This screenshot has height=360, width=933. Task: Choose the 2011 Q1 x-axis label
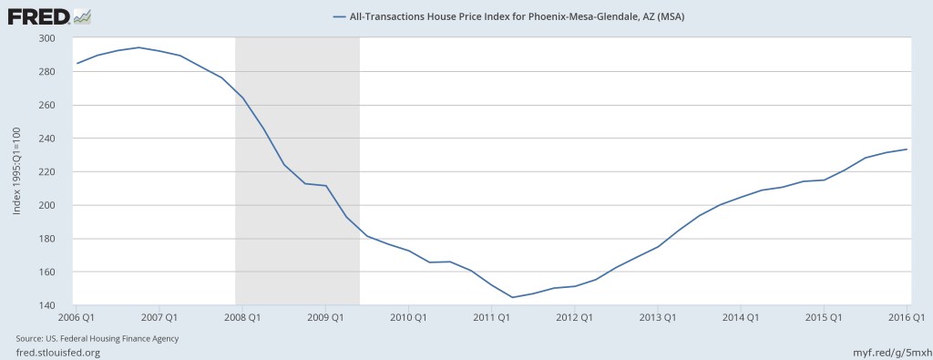492,317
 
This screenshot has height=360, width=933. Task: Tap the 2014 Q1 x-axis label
742,317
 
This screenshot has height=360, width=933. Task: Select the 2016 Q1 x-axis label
907,317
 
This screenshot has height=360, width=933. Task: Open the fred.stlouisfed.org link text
55,351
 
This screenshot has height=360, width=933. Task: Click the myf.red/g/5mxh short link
888,351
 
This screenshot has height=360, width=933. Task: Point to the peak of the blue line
138,47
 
